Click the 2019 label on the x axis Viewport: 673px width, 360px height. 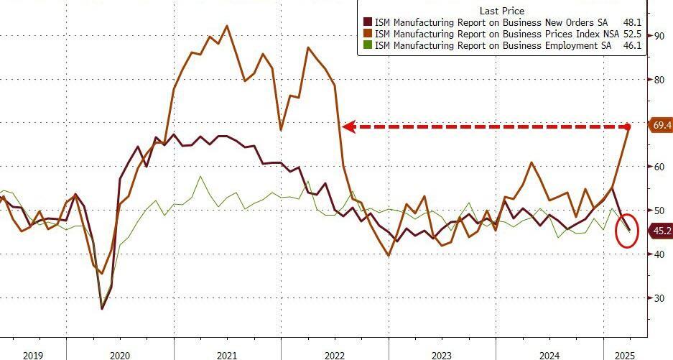coord(34,354)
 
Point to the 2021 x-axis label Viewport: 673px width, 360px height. coord(226,354)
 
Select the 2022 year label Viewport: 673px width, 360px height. coord(334,354)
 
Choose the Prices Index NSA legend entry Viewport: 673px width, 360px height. coord(496,34)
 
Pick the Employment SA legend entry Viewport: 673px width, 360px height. coord(496,45)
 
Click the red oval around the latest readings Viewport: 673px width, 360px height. coord(627,231)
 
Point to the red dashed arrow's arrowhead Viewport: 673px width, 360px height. coord(348,126)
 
